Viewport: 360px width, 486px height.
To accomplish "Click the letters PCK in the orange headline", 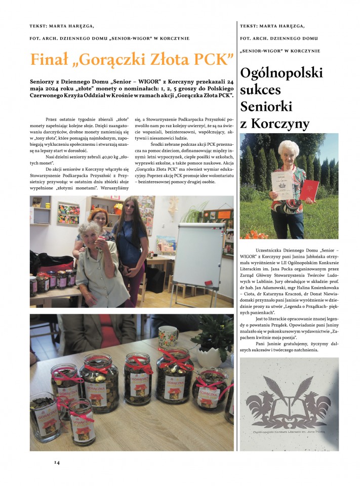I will [212, 59].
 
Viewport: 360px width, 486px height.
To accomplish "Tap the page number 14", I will [57, 462].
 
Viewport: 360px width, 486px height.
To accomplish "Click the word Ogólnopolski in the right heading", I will [282, 73].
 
